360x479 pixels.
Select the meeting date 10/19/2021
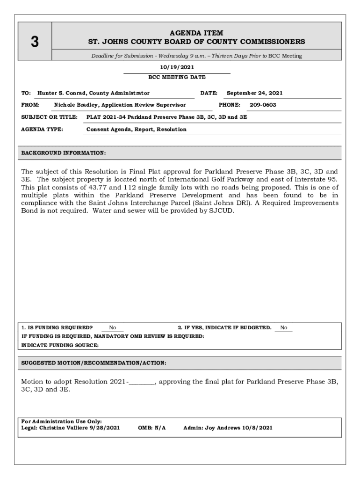click(x=177, y=67)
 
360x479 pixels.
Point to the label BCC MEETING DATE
click(x=177, y=77)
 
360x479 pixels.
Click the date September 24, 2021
click(x=254, y=93)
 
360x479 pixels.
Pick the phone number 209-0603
click(x=263, y=105)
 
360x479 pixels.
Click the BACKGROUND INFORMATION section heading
click(x=64, y=153)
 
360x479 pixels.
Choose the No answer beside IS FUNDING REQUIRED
click(x=113, y=328)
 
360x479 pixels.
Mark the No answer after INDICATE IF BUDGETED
click(x=284, y=328)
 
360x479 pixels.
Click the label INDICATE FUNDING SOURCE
click(x=60, y=345)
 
